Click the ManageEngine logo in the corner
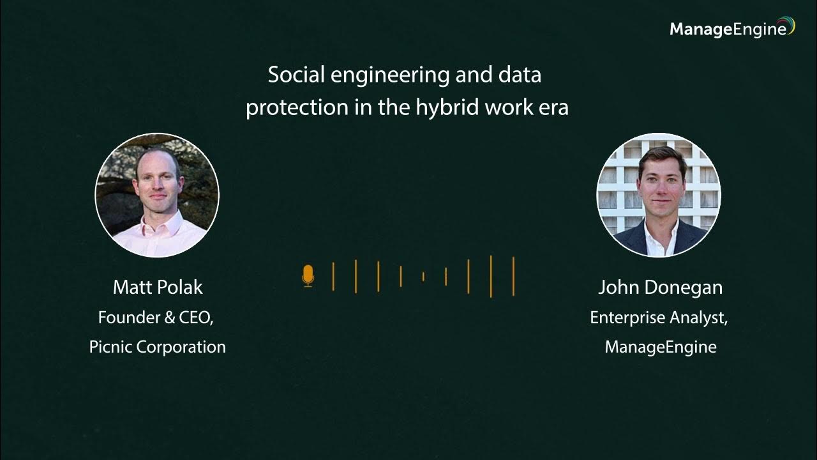tap(731, 29)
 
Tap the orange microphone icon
tap(308, 276)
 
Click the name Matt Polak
tap(158, 287)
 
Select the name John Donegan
tap(660, 287)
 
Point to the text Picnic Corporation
tap(158, 347)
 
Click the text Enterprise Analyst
tap(659, 318)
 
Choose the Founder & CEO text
tap(156, 318)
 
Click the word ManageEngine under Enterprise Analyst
tap(660, 347)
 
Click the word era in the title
tap(553, 107)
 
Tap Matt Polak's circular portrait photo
tap(157, 195)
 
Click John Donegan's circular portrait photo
tap(659, 195)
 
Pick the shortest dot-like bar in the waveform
tap(423, 277)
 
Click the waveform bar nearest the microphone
tap(333, 276)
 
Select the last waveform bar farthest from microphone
tap(513, 276)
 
